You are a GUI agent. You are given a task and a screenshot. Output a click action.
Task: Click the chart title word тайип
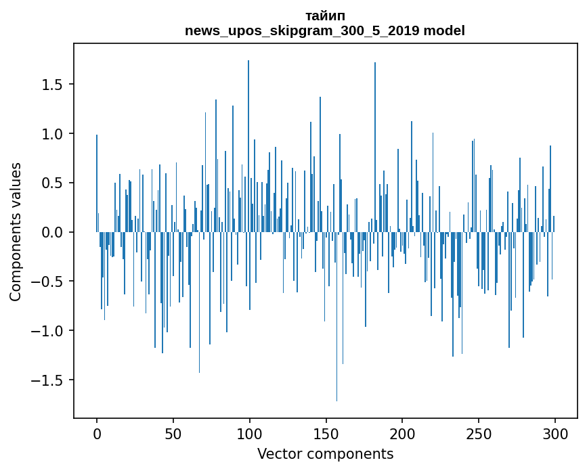[x=325, y=16]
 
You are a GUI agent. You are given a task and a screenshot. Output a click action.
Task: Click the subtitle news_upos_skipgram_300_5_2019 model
[x=325, y=30]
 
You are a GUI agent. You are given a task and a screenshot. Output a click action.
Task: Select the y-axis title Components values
[x=16, y=231]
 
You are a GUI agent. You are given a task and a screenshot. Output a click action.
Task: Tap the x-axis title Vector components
[x=325, y=453]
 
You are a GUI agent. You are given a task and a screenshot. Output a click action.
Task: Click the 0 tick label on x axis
[x=97, y=432]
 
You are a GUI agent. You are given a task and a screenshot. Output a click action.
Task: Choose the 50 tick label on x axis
[x=173, y=432]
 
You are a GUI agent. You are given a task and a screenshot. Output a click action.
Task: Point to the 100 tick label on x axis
[x=250, y=432]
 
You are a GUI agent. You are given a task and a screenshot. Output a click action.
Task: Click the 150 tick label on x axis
[x=326, y=432]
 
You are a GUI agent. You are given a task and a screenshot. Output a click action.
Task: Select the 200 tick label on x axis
[x=402, y=432]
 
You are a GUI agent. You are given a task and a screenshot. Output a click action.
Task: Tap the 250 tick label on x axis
[x=479, y=432]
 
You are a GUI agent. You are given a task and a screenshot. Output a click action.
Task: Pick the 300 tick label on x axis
[x=555, y=432]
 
